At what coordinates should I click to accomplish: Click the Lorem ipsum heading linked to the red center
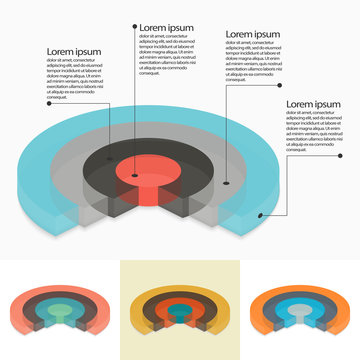point(166,27)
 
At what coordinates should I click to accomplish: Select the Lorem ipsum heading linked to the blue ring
point(314,103)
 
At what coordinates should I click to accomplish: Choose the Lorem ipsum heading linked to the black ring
point(253,34)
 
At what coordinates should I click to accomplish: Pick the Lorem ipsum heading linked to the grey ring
point(74,51)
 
